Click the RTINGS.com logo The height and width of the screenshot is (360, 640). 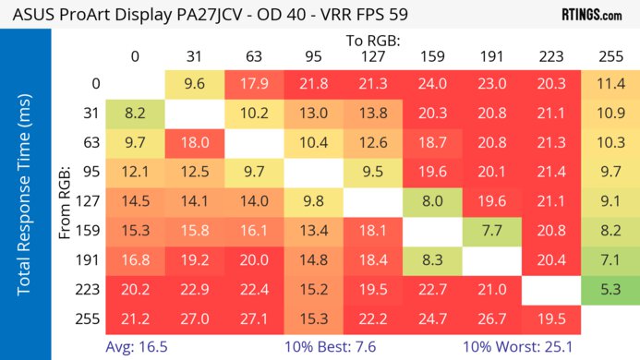click(x=591, y=16)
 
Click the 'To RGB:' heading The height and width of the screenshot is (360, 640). click(x=374, y=41)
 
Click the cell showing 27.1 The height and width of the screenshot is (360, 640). click(x=254, y=319)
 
